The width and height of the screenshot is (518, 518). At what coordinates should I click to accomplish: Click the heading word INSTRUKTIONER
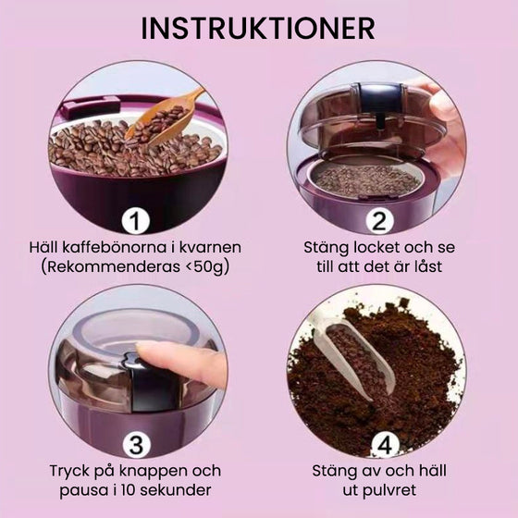point(259,27)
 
